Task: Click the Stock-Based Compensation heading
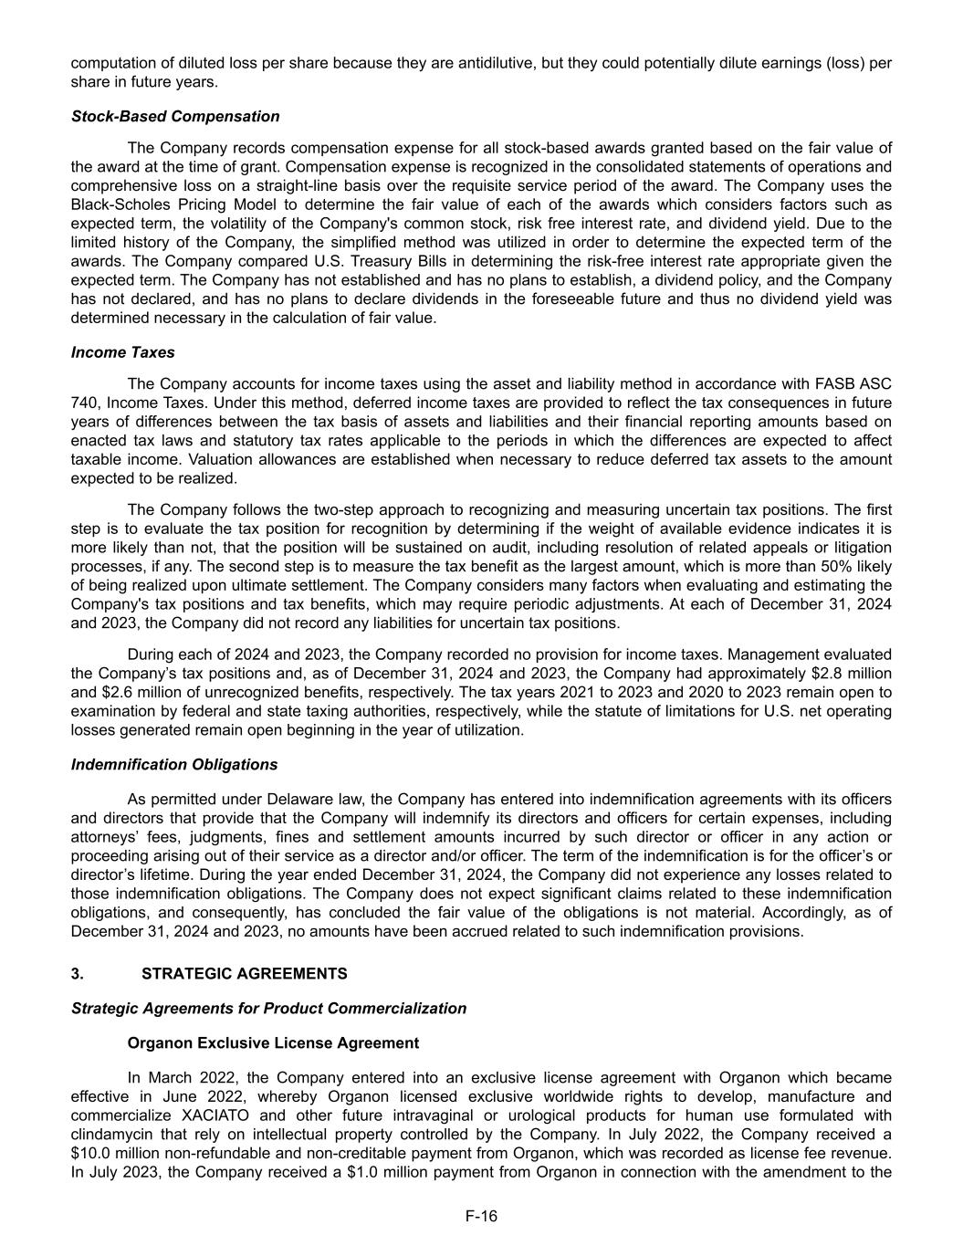point(175,116)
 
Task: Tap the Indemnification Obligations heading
point(174,764)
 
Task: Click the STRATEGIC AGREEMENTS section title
point(245,974)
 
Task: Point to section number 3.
point(77,974)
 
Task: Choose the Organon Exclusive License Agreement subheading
point(273,1042)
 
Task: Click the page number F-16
point(481,1216)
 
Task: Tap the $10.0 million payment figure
point(89,1152)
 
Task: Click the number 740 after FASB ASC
point(84,403)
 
